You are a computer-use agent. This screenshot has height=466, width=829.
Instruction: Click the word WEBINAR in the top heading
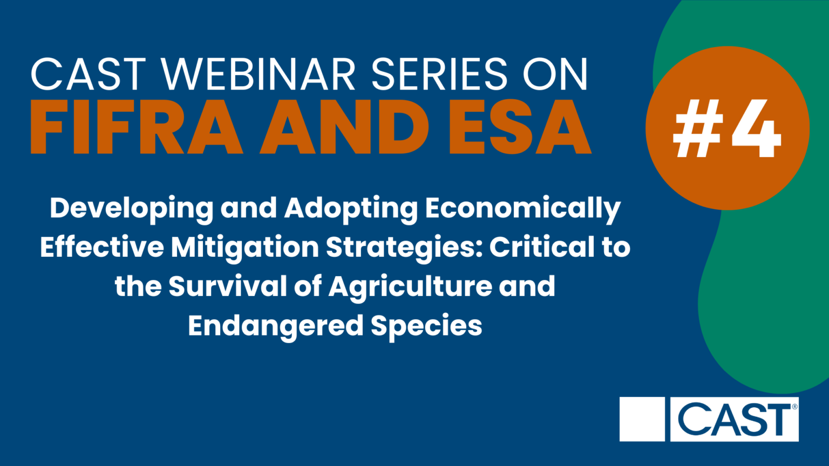point(259,74)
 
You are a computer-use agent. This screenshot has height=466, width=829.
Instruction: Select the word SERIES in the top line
point(439,74)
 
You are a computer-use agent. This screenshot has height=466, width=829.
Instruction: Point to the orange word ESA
point(520,127)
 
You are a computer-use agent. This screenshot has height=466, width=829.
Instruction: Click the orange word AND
point(344,127)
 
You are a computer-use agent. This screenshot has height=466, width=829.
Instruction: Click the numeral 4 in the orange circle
point(756,128)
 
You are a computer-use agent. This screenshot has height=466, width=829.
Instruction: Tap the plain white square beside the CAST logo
point(642,419)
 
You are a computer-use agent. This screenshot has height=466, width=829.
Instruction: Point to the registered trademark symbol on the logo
point(794,407)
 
